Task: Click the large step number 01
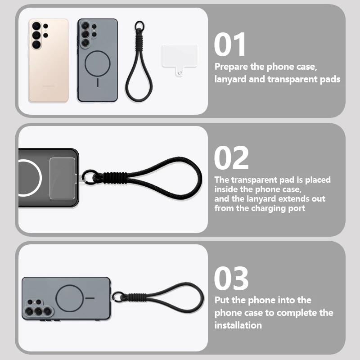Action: (230, 44)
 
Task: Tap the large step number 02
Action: (231, 157)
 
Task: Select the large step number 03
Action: (231, 278)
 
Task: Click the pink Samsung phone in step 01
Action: (49, 60)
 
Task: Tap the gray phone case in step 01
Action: (98, 60)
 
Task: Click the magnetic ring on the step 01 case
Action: (98, 63)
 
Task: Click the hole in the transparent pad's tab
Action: (180, 73)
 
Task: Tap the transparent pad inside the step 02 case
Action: (63, 178)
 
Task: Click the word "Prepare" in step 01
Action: (231, 67)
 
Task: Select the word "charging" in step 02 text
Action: (269, 208)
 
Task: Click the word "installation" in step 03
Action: (238, 325)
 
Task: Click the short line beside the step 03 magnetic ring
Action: (90, 298)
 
